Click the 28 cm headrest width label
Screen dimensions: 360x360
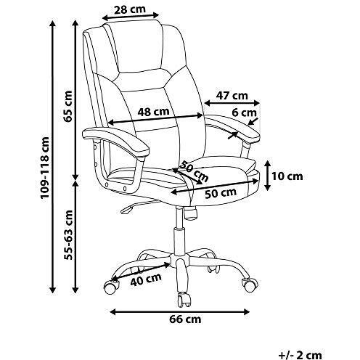click(x=130, y=9)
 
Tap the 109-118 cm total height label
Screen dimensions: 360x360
click(x=45, y=168)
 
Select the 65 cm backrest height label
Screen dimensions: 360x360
click(x=68, y=106)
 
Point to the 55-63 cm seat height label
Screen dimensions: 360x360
click(x=68, y=235)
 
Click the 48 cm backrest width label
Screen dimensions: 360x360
click(x=153, y=112)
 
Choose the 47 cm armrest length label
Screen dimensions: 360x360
click(x=232, y=96)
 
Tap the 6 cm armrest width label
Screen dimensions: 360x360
click(x=244, y=112)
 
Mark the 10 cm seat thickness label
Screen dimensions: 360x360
click(x=287, y=176)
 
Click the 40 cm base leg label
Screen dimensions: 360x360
click(x=146, y=279)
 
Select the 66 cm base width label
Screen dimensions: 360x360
click(x=185, y=319)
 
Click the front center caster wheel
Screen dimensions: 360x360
click(x=184, y=300)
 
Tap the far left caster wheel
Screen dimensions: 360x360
click(x=111, y=287)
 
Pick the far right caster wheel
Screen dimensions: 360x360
click(x=250, y=285)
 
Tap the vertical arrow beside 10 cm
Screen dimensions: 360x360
click(x=267, y=176)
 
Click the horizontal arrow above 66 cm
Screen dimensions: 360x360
click(x=180, y=312)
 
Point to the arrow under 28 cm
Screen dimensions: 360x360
click(x=131, y=17)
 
